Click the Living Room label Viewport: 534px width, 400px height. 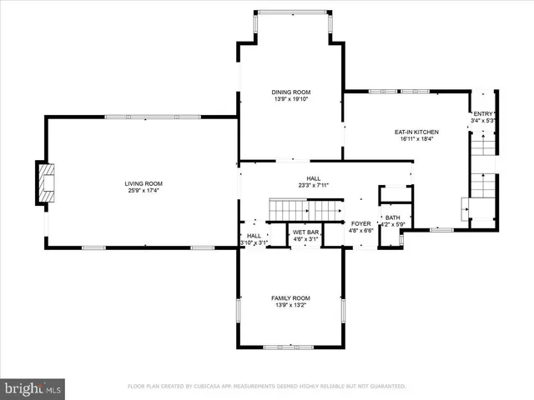pos(144,183)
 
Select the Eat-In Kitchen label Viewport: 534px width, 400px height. pos(416,132)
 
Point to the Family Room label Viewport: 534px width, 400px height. pos(290,297)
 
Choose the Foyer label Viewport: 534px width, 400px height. pos(360,223)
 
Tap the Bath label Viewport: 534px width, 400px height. pos(392,217)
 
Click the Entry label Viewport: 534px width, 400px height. pos(483,113)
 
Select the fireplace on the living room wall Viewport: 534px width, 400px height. pos(46,182)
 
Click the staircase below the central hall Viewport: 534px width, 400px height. pos(305,209)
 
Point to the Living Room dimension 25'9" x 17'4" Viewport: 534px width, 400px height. pos(144,191)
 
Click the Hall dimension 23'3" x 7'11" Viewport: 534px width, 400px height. pos(313,185)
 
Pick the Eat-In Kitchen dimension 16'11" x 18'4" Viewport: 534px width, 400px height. pos(416,139)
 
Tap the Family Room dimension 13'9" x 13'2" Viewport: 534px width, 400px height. pos(290,305)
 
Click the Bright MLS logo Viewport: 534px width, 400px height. pos(33,387)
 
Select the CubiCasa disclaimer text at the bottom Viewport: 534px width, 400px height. pos(266,387)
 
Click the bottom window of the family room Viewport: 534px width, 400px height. pos(289,347)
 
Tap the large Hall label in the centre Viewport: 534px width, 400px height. pos(313,177)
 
